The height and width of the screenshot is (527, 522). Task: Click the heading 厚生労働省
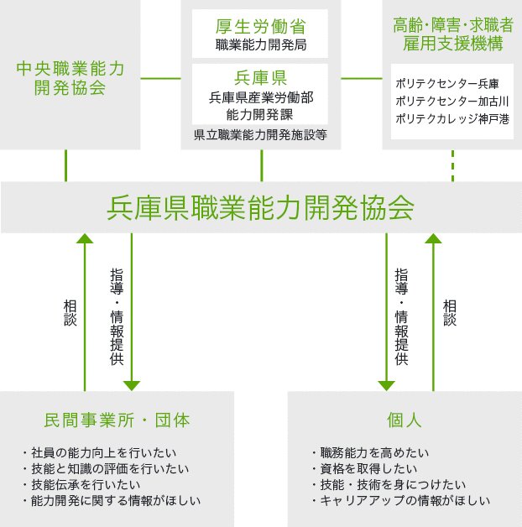(260, 27)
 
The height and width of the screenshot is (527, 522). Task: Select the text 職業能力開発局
(261, 44)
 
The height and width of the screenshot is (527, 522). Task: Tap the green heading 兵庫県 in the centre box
(260, 78)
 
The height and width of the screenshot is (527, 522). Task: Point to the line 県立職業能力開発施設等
(260, 135)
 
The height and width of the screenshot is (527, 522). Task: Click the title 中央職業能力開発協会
(70, 78)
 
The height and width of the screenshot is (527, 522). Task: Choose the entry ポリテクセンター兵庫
(447, 84)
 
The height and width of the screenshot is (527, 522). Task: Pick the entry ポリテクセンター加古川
(452, 102)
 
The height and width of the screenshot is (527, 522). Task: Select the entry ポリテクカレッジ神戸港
(452, 119)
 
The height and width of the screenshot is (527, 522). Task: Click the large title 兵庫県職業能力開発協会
(260, 208)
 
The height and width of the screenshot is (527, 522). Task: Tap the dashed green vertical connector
(452, 165)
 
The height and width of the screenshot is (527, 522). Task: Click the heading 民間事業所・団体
(117, 420)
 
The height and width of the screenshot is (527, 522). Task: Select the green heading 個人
(405, 420)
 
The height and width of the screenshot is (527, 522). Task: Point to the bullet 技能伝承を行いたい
(82, 485)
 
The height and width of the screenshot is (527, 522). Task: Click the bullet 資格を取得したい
(365, 468)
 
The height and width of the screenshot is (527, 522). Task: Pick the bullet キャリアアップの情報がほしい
(401, 501)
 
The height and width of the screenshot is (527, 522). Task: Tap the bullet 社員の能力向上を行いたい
(100, 452)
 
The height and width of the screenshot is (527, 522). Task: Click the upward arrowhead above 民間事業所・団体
(85, 238)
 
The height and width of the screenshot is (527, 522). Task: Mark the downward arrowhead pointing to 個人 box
(387, 386)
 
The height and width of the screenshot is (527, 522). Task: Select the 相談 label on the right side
(450, 313)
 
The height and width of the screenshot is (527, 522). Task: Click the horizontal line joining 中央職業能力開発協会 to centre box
(160, 79)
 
